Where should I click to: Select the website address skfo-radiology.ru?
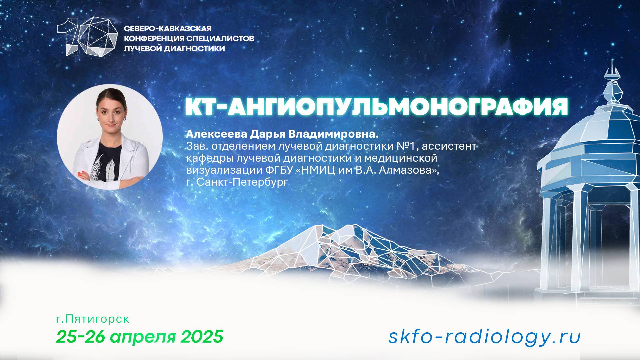pos(484,337)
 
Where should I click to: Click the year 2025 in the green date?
pos(202,337)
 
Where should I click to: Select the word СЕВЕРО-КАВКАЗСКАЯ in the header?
pos(168,29)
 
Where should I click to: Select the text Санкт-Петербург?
pos(242,182)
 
